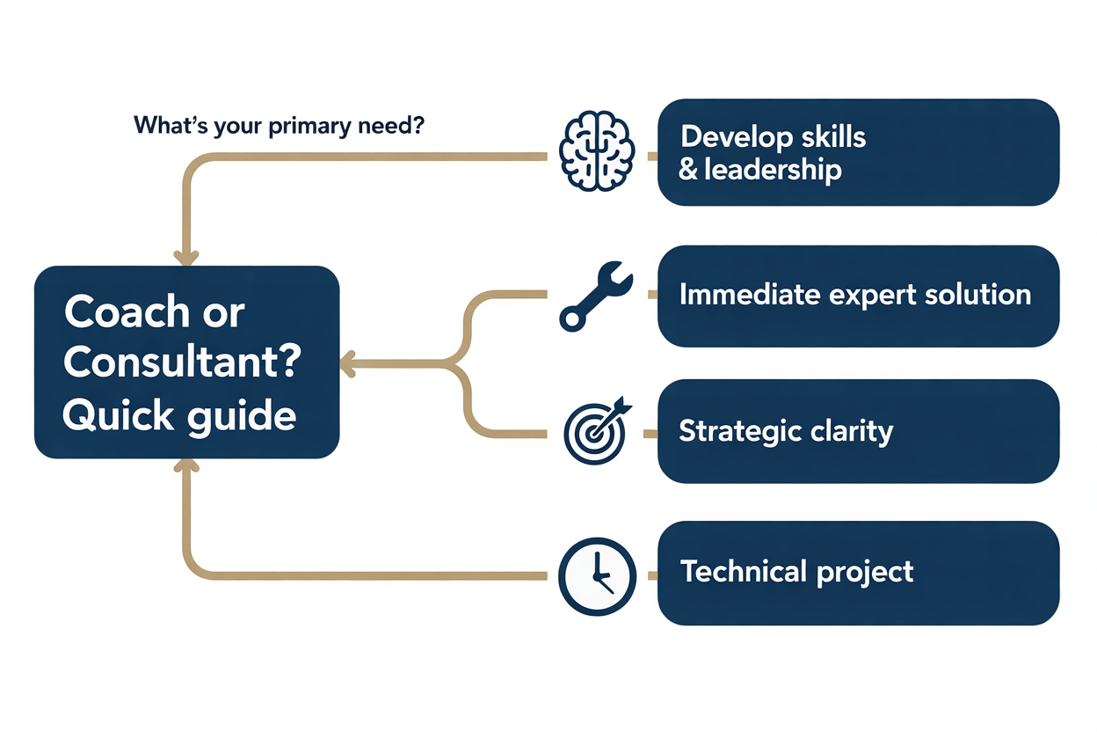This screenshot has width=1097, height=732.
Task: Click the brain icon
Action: (596, 151)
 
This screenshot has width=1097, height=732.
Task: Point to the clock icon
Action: (596, 575)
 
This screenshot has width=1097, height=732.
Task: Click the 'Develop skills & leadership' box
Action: (858, 152)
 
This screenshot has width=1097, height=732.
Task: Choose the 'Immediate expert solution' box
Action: (858, 295)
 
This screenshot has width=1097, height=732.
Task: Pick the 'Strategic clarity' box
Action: (858, 431)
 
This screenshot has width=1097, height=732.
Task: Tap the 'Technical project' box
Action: (858, 573)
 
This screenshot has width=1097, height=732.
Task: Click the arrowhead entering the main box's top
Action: (185, 258)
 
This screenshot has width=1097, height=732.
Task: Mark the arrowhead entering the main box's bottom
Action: (185, 466)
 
